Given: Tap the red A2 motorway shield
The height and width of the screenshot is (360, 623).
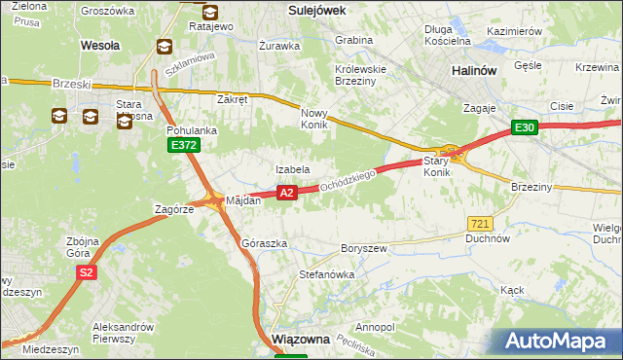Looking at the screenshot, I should pyautogui.click(x=286, y=193).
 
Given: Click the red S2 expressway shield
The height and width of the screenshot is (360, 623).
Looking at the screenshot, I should pyautogui.click(x=87, y=273).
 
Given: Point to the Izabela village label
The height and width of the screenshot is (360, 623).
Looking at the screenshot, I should pyautogui.click(x=292, y=169).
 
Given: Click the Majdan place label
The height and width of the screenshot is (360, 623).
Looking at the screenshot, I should pyautogui.click(x=243, y=201).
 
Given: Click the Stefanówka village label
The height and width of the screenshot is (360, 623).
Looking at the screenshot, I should pyautogui.click(x=326, y=275).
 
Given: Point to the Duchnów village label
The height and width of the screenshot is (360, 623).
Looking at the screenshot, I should pyautogui.click(x=488, y=237).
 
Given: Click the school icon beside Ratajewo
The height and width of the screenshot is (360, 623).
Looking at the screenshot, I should pyautogui.click(x=210, y=11).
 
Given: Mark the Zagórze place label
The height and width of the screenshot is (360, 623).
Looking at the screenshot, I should pyautogui.click(x=176, y=208).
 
